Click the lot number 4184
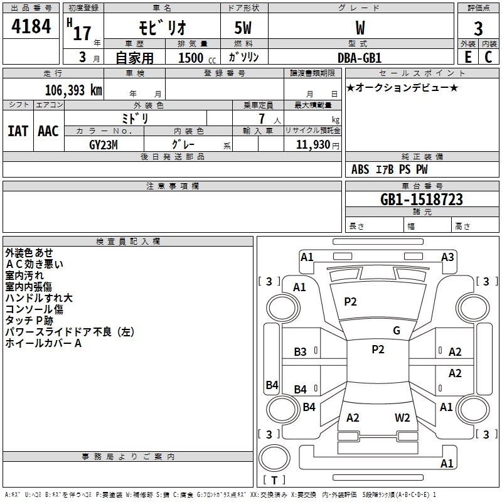point(31,28)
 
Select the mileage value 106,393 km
point(73,90)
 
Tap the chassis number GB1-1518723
point(422,200)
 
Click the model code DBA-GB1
point(360,57)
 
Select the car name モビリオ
point(160,28)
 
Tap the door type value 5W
point(244,28)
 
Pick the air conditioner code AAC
point(48,131)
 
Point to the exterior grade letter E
point(467,57)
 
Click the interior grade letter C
point(488,57)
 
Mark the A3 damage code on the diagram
point(447,257)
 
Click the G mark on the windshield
point(396,330)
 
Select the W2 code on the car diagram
point(402,417)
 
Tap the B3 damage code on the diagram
point(301,352)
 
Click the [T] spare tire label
point(274,480)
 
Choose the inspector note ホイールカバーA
point(44,343)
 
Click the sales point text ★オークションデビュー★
point(402,87)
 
